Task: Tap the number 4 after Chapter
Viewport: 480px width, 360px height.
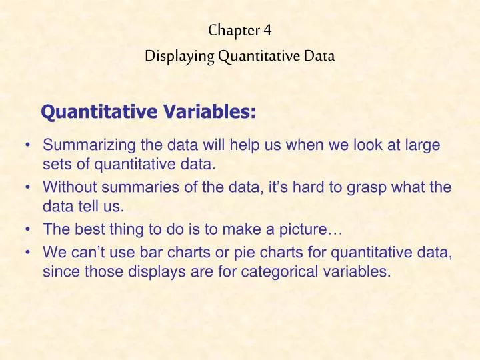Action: pos(267,30)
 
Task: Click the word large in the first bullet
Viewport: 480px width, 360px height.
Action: pos(421,144)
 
